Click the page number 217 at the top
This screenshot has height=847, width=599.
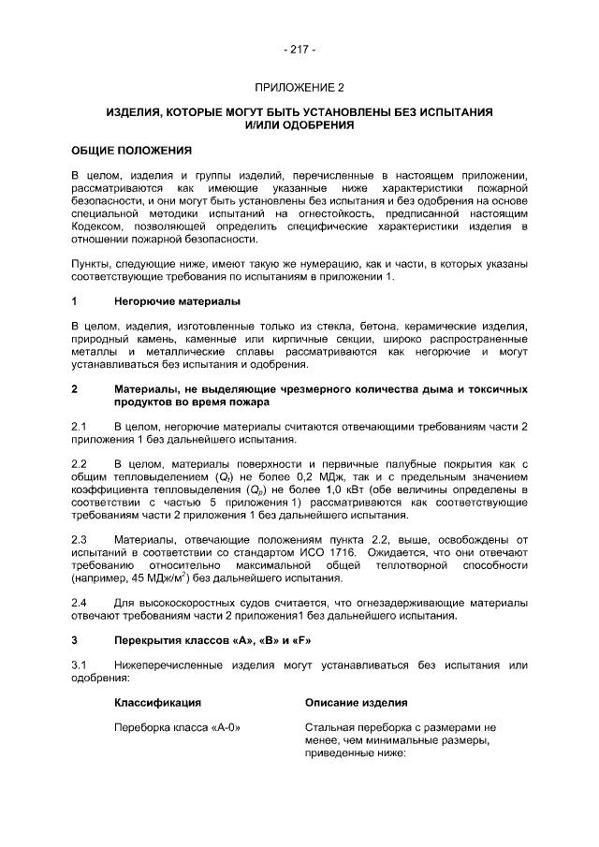point(299,49)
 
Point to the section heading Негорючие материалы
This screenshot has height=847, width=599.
point(177,301)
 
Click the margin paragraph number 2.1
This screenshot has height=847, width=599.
point(80,427)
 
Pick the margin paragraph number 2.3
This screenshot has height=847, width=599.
point(80,540)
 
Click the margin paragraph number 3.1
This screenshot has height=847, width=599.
point(80,665)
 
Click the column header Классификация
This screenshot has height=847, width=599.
point(158,702)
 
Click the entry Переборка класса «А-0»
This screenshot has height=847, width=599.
point(171,727)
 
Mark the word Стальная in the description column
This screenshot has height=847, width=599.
point(329,727)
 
